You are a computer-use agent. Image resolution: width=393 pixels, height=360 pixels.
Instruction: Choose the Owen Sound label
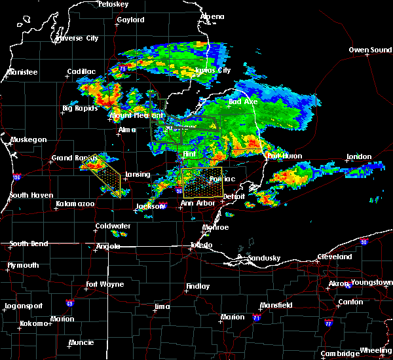[x=369, y=50]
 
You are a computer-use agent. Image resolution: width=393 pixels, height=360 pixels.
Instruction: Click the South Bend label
[x=29, y=244]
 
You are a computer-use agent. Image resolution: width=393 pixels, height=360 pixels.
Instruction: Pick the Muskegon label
[x=28, y=139]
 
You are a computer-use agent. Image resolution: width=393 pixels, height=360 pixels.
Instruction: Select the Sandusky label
[x=265, y=258]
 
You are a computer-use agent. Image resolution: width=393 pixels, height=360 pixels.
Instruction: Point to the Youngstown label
[x=371, y=283]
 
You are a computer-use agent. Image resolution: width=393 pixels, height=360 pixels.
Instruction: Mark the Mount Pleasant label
[x=136, y=115]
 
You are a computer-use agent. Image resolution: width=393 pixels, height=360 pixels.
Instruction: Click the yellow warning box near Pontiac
[x=202, y=183]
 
